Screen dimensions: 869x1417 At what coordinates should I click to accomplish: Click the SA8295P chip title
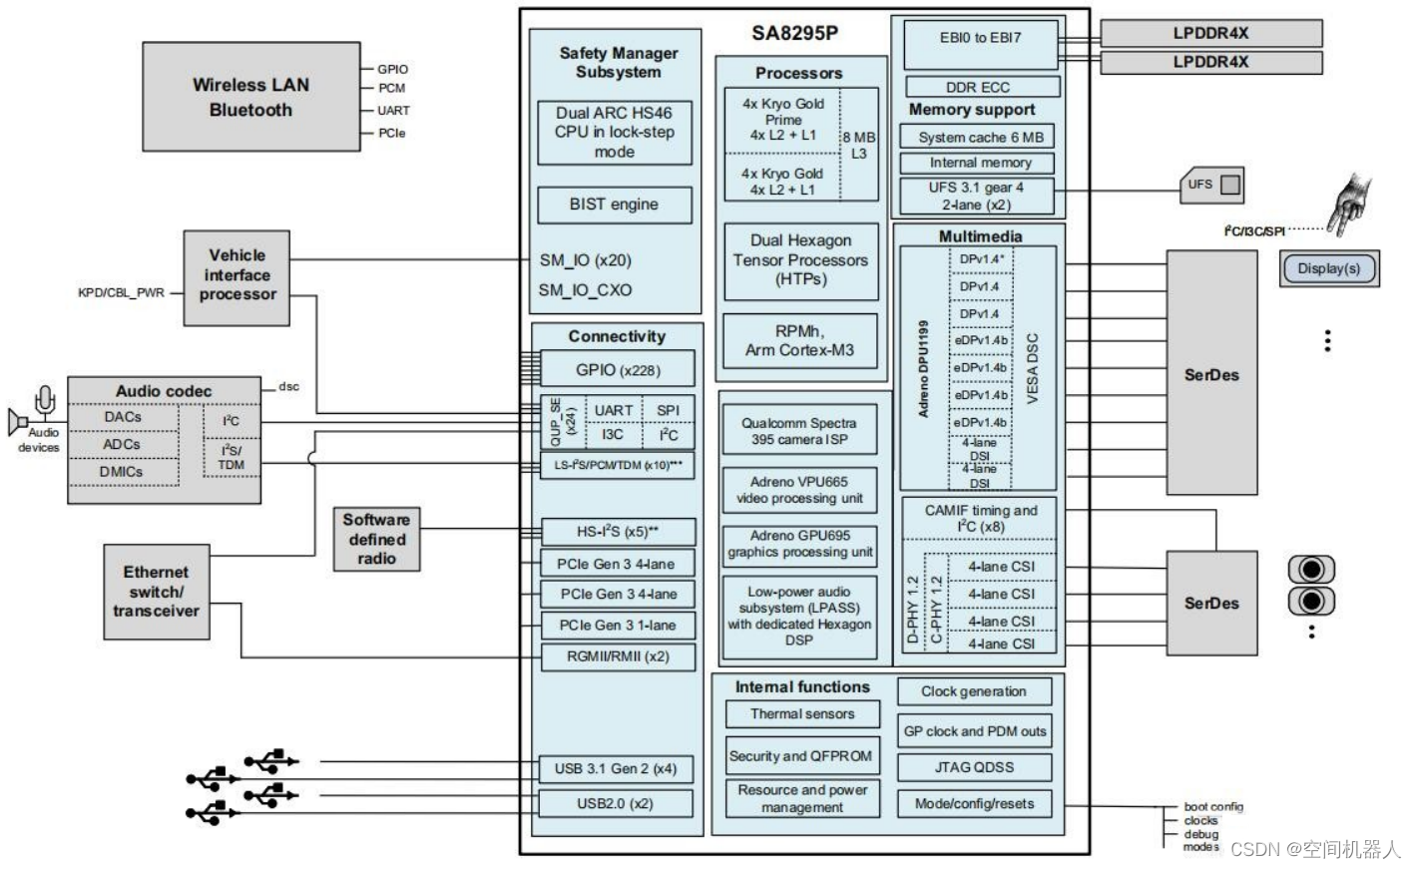[794, 33]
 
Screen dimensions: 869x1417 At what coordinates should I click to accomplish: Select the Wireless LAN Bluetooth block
[250, 97]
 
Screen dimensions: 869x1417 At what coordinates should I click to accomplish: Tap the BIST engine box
[614, 205]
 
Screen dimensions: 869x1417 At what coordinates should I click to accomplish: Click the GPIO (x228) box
[617, 370]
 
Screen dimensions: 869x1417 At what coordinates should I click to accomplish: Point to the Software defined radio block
[376, 540]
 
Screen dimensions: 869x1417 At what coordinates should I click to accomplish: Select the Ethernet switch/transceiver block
[156, 592]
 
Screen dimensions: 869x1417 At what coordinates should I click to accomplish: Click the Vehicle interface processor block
[236, 276]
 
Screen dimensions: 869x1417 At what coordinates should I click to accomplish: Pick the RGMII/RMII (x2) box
[617, 656]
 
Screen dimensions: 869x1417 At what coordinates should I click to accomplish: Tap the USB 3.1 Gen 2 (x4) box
[615, 769]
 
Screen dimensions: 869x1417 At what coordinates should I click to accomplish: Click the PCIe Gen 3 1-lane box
[617, 626]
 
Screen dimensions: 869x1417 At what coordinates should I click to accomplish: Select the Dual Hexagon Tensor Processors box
[800, 260]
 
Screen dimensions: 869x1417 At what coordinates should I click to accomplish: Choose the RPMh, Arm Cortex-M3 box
[800, 340]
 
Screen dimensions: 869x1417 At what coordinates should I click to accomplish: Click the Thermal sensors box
[802, 714]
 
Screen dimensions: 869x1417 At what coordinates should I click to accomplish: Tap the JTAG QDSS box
[974, 767]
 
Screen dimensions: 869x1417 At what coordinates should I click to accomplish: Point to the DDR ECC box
[977, 87]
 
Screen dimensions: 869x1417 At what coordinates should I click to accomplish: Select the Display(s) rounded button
[1328, 268]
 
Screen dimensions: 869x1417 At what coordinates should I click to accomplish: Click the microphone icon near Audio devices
[44, 400]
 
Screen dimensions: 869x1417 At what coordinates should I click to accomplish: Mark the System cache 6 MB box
[980, 138]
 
